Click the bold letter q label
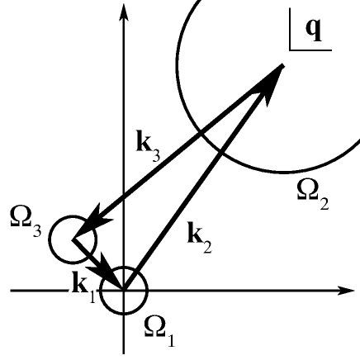click(x=315, y=27)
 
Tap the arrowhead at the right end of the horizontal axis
click(x=348, y=291)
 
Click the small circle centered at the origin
click(x=124, y=291)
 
